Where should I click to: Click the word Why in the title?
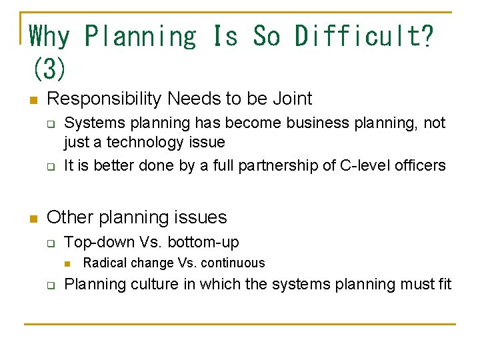(x=50, y=37)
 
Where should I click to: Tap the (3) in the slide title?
(x=49, y=68)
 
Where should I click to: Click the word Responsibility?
(x=105, y=99)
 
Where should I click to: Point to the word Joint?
(x=292, y=99)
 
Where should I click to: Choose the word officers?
(x=421, y=165)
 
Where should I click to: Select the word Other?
(x=69, y=217)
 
